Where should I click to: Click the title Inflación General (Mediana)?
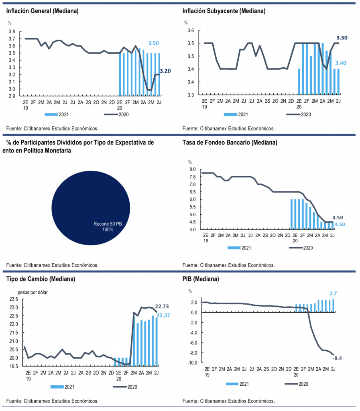42,11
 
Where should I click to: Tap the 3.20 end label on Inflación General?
165,71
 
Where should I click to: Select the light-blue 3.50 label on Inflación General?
154,43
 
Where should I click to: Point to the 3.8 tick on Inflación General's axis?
12,32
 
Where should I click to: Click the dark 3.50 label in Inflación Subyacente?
342,38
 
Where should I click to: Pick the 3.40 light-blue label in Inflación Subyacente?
341,63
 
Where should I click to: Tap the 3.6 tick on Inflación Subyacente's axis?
191,31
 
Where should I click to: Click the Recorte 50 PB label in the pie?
108,224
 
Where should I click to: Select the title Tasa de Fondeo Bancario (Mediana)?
230,142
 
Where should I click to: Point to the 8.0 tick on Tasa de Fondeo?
193,169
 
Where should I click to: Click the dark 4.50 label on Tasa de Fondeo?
338,218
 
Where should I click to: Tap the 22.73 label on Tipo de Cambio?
162,306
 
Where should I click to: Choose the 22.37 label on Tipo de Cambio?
163,315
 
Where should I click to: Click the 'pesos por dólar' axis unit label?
33,293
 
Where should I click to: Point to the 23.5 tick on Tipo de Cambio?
14,299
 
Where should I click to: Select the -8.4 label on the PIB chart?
337,358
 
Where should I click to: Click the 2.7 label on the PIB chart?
333,293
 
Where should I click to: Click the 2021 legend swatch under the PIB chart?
232,384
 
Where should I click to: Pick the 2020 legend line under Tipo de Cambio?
120,387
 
